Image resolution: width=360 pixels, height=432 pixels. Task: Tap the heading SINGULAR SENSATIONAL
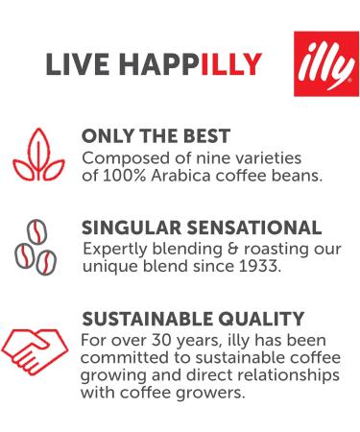tap(203, 228)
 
